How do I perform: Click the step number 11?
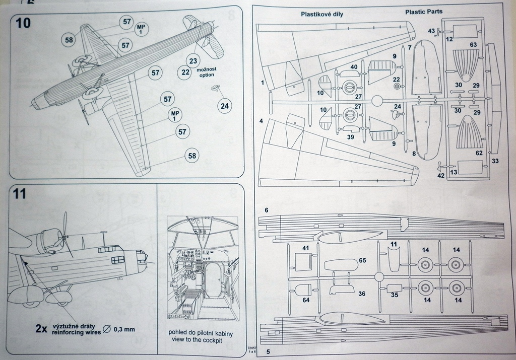(19, 194)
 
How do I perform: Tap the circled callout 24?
(225, 106)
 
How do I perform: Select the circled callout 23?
(193, 61)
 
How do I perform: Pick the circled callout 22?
(185, 72)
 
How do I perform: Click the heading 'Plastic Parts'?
(427, 11)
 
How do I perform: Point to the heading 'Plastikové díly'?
(322, 14)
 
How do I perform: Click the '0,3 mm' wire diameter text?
(123, 330)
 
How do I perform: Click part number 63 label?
(473, 45)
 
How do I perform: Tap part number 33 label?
(495, 161)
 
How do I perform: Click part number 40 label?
(354, 67)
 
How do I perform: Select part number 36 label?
(361, 294)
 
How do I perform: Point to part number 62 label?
(479, 153)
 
